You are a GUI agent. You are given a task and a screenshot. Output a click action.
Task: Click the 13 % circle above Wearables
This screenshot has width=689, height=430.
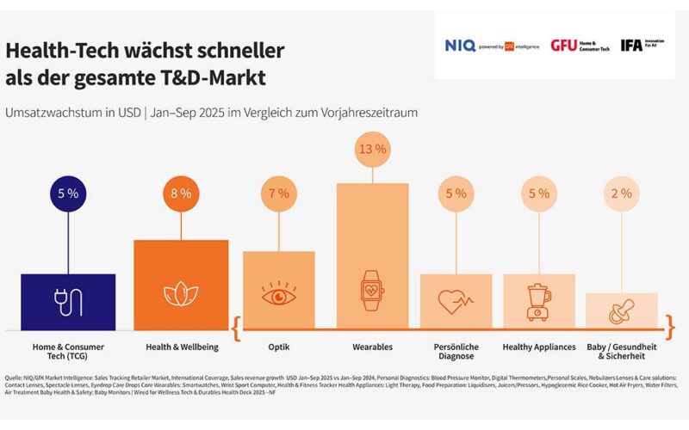pyautogui.click(x=372, y=150)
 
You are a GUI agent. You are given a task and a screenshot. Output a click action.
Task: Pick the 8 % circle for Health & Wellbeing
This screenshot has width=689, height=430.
pyautogui.click(x=181, y=193)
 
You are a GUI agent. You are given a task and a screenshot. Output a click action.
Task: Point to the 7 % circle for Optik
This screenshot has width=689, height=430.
pyautogui.click(x=278, y=193)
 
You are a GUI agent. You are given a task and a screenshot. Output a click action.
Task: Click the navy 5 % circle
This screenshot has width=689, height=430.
pyautogui.click(x=68, y=193)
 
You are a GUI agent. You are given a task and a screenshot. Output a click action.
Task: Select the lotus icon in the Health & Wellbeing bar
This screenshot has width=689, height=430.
pyautogui.click(x=181, y=294)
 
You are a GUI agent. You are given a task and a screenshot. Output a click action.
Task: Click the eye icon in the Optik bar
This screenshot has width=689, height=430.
pyautogui.click(x=278, y=295)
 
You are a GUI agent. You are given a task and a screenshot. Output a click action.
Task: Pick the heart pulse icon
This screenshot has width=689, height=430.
pyautogui.click(x=456, y=302)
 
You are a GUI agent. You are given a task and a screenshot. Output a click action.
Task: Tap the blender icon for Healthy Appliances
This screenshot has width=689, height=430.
pyautogui.click(x=539, y=302)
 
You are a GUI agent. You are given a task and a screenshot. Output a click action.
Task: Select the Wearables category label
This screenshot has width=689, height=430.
pyautogui.click(x=372, y=347)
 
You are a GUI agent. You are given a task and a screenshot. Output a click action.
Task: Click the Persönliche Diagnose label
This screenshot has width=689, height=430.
pyautogui.click(x=456, y=353)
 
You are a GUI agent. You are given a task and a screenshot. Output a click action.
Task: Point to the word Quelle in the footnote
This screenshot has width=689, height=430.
pyautogui.click(x=17, y=378)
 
